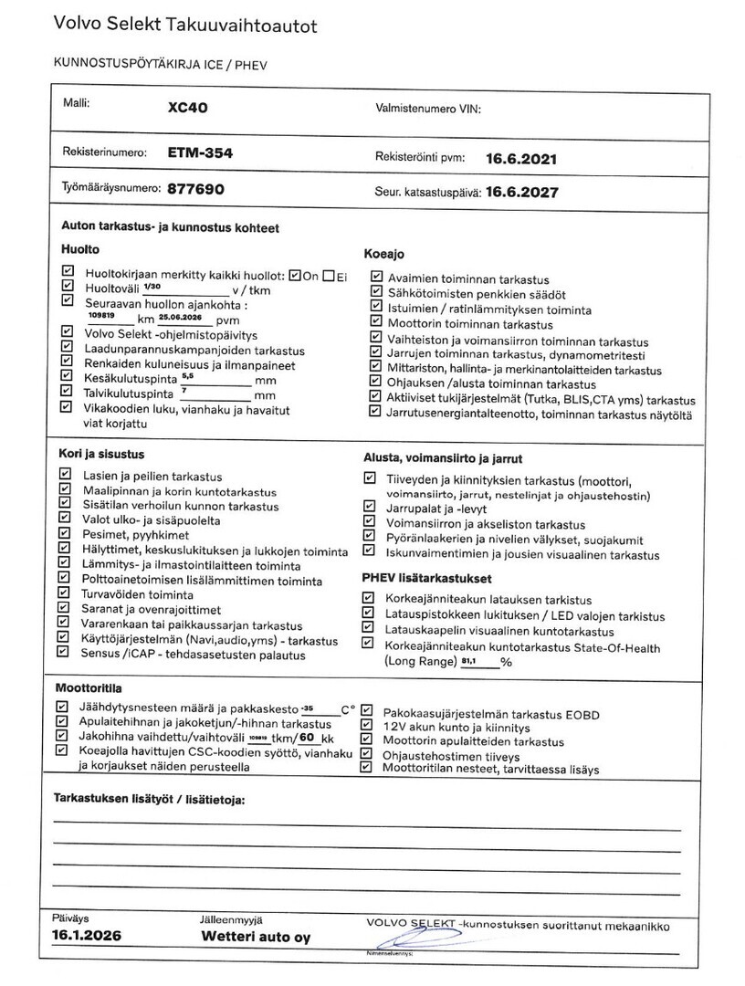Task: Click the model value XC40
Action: point(188,107)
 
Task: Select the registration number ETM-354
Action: point(200,153)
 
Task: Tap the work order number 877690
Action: point(195,190)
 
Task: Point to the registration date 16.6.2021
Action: point(520,158)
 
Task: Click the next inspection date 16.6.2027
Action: point(521,193)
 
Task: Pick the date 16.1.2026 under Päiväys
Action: point(86,936)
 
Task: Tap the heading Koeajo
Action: point(383,254)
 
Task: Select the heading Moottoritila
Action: point(89,687)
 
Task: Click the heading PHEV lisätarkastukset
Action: point(426,579)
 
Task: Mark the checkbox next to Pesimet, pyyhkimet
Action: point(64,534)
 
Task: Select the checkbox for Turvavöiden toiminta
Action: point(64,593)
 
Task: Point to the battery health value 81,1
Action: point(472,660)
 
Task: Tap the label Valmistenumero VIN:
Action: point(427,109)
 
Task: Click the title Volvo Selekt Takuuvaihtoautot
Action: point(184,26)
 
